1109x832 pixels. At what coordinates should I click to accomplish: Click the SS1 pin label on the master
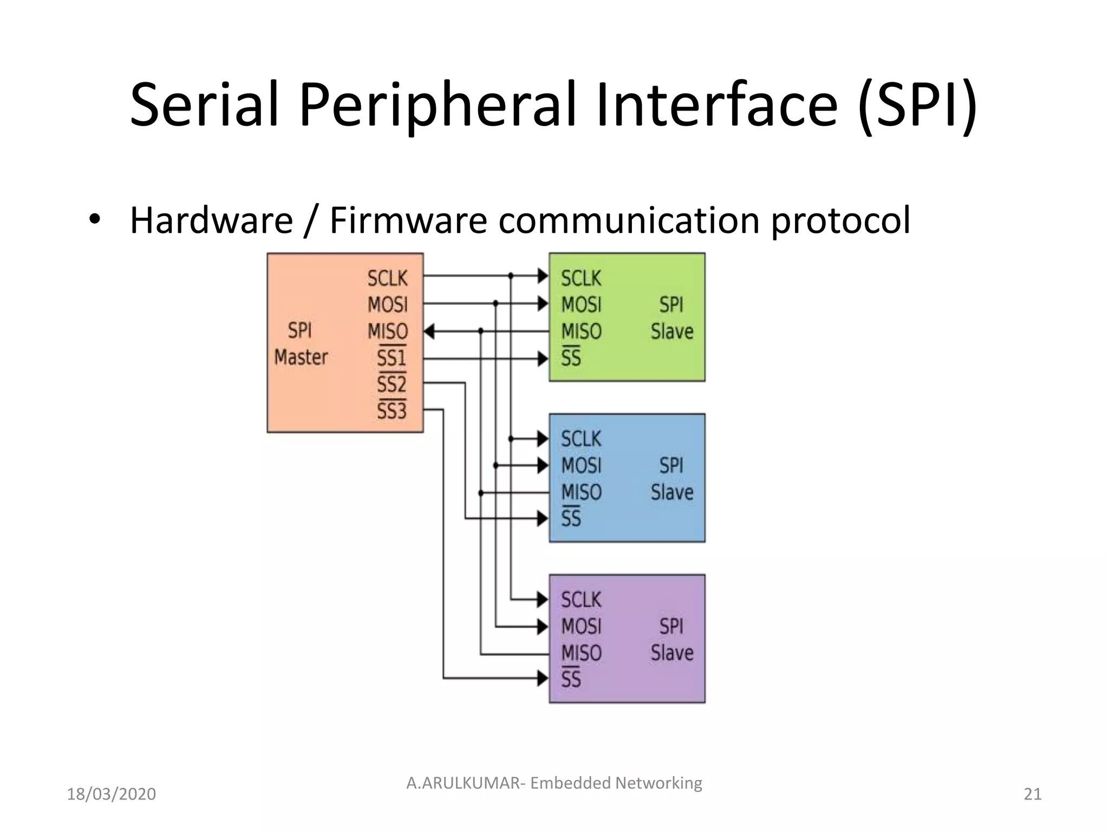point(391,358)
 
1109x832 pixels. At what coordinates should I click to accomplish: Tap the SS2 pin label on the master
point(391,385)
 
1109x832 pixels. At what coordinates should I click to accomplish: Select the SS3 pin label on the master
point(391,411)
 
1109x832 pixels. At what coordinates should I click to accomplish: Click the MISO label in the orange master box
point(387,331)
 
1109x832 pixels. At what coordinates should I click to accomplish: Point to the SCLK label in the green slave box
point(580,278)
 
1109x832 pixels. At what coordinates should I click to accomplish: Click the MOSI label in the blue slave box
point(580,465)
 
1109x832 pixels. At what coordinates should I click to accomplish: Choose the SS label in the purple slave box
point(571,679)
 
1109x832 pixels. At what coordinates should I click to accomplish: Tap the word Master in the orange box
point(301,357)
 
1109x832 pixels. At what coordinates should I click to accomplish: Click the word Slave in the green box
point(671,331)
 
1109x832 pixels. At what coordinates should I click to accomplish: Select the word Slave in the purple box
point(671,653)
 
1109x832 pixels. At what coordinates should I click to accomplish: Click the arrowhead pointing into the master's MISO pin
point(429,331)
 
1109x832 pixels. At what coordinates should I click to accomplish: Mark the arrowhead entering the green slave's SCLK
point(543,276)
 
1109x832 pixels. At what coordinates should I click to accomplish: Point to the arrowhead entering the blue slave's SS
point(543,518)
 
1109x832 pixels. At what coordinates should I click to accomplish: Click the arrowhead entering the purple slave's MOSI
point(543,627)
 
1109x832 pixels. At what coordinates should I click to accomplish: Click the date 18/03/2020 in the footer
point(111,794)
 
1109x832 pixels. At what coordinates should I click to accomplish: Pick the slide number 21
point(1032,794)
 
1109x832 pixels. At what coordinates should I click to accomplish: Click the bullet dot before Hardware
point(95,219)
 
